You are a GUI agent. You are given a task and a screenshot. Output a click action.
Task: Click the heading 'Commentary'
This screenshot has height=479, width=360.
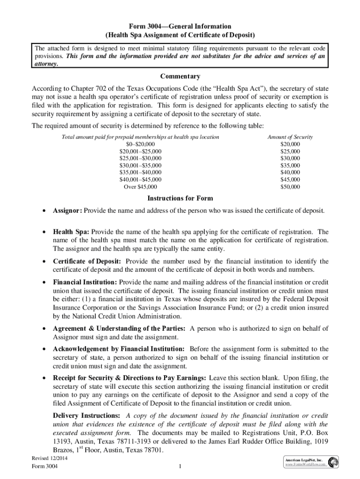[180, 76]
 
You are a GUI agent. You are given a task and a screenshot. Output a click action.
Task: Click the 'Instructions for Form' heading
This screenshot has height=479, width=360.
[180, 198]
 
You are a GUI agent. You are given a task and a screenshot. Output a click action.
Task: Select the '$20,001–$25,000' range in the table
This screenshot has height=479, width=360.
[141, 152]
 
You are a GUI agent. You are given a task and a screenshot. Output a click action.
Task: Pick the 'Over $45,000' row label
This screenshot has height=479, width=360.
[141, 187]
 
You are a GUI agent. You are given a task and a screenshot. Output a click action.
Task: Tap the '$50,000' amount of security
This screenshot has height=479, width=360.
[290, 187]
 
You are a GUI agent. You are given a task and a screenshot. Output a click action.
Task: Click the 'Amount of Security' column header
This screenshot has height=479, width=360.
[290, 137]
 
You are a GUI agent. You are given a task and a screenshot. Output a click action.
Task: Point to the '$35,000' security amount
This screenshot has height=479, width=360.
[290, 166]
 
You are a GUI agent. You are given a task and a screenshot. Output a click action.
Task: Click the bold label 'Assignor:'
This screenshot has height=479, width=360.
[67, 211]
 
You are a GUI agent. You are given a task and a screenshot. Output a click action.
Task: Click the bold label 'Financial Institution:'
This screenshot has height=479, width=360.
[86, 283]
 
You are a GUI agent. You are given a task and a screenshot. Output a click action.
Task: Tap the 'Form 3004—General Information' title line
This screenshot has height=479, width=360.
[180, 26]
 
